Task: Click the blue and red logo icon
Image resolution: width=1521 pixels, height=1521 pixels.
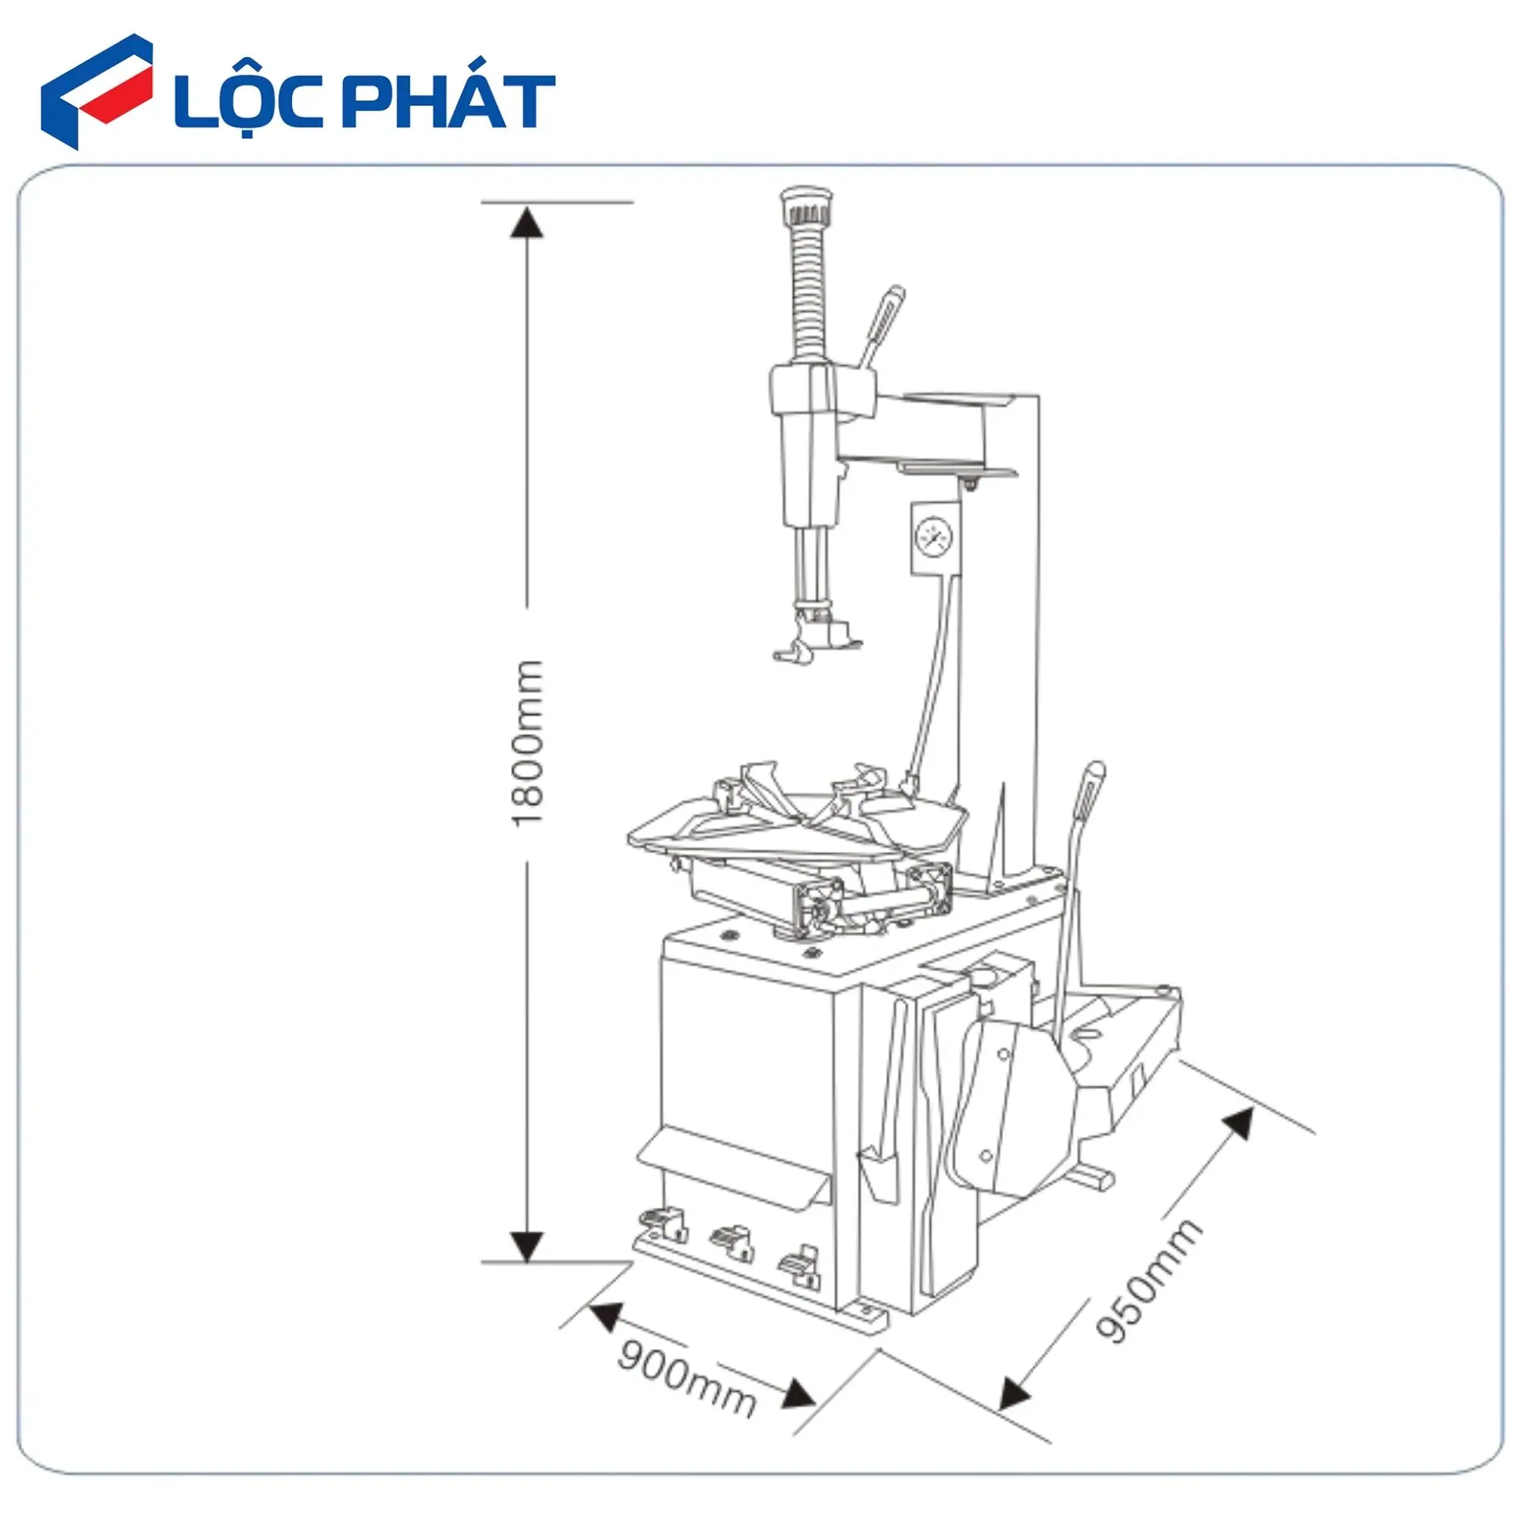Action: [96, 91]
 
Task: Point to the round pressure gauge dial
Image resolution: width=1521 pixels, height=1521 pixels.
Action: [935, 538]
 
